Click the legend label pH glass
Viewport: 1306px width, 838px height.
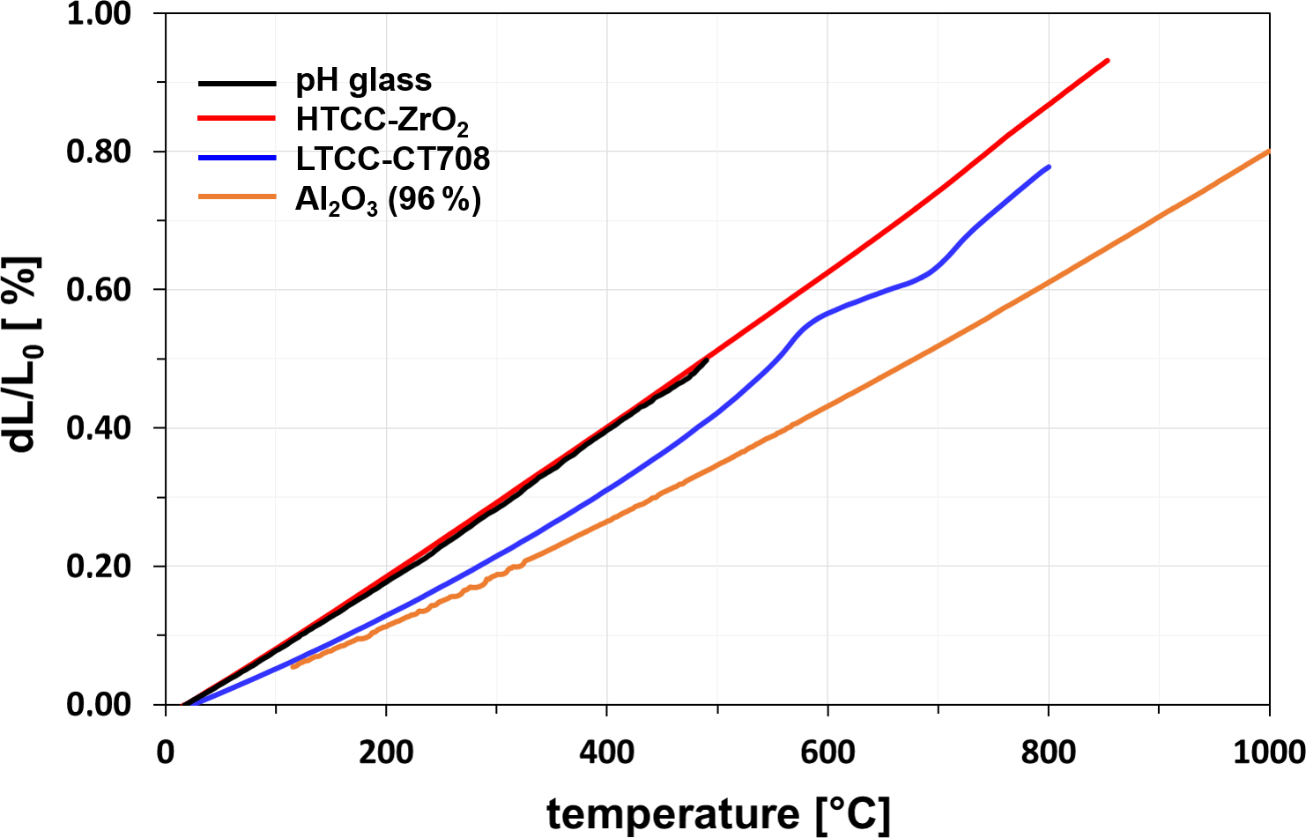pyautogui.click(x=363, y=81)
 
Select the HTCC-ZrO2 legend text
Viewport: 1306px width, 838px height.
pyautogui.click(x=382, y=121)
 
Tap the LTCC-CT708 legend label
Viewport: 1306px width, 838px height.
pyautogui.click(x=392, y=159)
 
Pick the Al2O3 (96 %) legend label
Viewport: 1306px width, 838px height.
pyautogui.click(x=388, y=200)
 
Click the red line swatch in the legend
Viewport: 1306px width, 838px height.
pyautogui.click(x=237, y=118)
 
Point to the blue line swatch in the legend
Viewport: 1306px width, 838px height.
pyautogui.click(x=237, y=158)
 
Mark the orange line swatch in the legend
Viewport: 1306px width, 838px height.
pyautogui.click(x=237, y=197)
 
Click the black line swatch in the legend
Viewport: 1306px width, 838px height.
pyautogui.click(x=237, y=83)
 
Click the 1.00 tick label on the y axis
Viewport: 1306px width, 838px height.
pyautogui.click(x=99, y=14)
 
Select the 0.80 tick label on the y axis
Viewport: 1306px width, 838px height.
pyautogui.click(x=99, y=152)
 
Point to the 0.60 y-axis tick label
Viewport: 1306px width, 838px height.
pyautogui.click(x=99, y=290)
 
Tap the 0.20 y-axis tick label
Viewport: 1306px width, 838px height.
pyautogui.click(x=99, y=567)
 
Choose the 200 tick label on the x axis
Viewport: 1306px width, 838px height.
pyautogui.click(x=386, y=753)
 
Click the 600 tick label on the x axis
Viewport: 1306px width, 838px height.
pyautogui.click(x=827, y=753)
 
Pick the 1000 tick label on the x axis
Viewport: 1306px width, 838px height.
pyautogui.click(x=1269, y=753)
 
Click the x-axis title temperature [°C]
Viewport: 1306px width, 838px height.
pyautogui.click(x=718, y=813)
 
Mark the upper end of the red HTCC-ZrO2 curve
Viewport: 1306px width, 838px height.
pyautogui.click(x=1107, y=61)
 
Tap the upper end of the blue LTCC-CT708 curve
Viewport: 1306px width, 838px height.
pyautogui.click(x=1049, y=167)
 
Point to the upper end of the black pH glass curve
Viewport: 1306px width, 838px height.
pyautogui.click(x=707, y=360)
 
